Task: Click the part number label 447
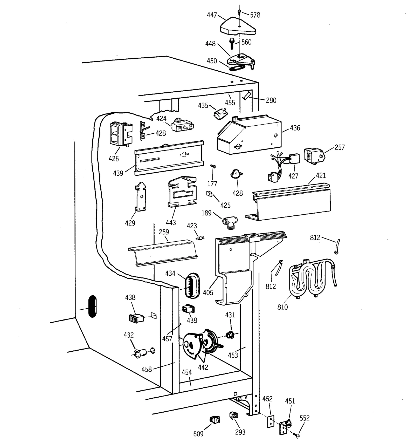(212, 15)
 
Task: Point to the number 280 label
(271, 100)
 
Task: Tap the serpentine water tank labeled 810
(311, 279)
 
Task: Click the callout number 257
(340, 147)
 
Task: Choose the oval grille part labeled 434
(192, 285)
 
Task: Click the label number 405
(208, 293)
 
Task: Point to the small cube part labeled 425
(209, 194)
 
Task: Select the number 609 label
(198, 433)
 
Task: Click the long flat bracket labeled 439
(169, 158)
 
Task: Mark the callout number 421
(321, 176)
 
